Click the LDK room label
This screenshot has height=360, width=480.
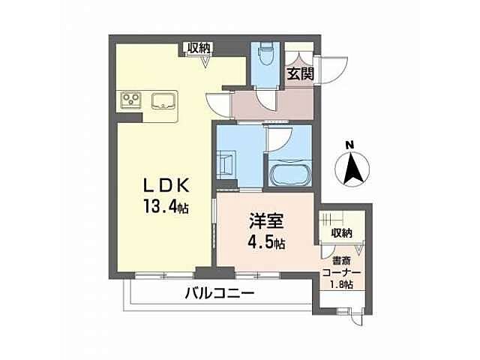pos(166,185)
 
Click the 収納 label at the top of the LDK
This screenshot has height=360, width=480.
pos(199,48)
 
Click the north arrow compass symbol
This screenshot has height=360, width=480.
pos(350,168)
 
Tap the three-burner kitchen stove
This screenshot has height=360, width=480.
pos(130,101)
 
